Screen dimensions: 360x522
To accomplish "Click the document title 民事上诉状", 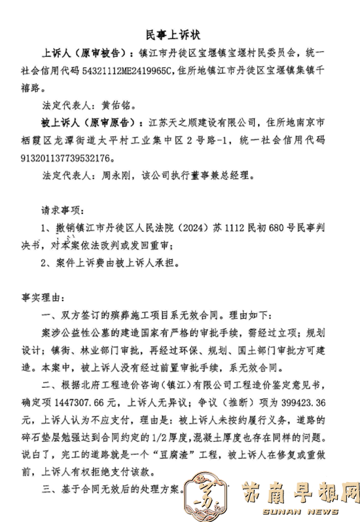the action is tap(179, 34).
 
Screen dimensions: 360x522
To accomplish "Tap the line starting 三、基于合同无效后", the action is tap(111, 489).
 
